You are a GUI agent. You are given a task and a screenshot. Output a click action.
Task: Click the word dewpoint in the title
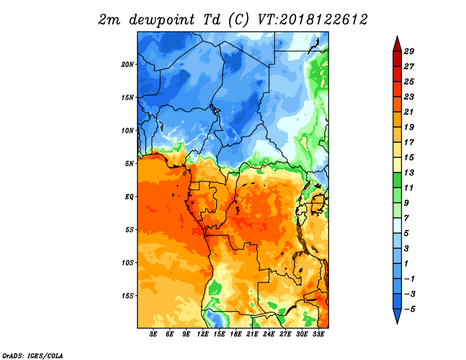pyautogui.click(x=162, y=20)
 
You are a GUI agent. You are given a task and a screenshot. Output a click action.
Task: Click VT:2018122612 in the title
pyautogui.click(x=313, y=20)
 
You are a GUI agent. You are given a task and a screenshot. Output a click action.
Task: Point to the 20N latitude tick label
pyautogui.click(x=127, y=65)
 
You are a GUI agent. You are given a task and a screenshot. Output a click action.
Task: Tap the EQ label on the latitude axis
pyautogui.click(x=129, y=197)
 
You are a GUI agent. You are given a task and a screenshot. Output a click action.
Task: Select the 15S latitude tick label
pyautogui.click(x=128, y=296)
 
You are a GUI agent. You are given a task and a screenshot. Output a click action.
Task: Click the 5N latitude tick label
pyautogui.click(x=129, y=164)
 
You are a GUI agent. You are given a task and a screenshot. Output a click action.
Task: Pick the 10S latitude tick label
pyautogui.click(x=128, y=263)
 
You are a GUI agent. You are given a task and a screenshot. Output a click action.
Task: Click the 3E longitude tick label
pyautogui.click(x=153, y=334)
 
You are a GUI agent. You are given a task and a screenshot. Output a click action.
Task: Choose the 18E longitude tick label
pyautogui.click(x=236, y=334)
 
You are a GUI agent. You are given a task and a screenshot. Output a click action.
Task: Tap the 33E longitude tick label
pyautogui.click(x=318, y=334)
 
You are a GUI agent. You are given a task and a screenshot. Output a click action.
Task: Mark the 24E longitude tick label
pyautogui.click(x=269, y=334)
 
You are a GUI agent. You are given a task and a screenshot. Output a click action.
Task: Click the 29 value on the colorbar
pyautogui.click(x=409, y=51)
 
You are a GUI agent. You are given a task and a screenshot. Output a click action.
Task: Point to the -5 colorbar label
pyautogui.click(x=409, y=309)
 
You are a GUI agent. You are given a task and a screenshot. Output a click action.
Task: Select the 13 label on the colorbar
pyautogui.click(x=409, y=172)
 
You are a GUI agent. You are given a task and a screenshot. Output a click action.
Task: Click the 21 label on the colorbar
pyautogui.click(x=409, y=112)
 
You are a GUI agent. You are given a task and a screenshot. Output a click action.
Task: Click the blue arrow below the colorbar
pyautogui.click(x=397, y=315)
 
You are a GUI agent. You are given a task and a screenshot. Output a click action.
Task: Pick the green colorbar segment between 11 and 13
pyautogui.click(x=397, y=180)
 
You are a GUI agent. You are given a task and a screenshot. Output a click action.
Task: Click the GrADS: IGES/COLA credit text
pyautogui.click(x=33, y=356)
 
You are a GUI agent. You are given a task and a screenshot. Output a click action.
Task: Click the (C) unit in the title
pyautogui.click(x=239, y=20)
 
